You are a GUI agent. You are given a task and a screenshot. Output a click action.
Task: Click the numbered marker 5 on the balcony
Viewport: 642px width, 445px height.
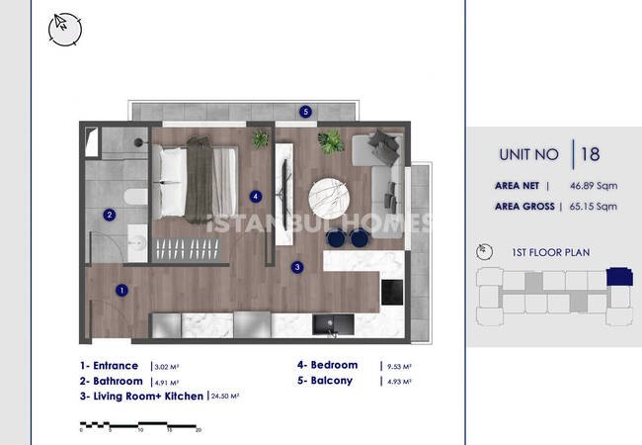(305, 112)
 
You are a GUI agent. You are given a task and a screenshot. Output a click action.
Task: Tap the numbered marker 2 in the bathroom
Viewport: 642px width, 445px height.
(109, 215)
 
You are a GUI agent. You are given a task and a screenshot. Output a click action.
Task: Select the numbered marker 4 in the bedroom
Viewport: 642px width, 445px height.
(256, 196)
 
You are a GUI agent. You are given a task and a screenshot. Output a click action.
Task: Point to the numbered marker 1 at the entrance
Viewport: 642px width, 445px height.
(121, 290)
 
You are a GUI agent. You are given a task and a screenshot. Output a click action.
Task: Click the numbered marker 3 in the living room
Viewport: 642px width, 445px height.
(297, 267)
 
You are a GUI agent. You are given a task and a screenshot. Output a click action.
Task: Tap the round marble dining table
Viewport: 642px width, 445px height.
(329, 199)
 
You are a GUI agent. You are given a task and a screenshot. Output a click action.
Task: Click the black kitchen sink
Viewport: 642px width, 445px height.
(333, 324)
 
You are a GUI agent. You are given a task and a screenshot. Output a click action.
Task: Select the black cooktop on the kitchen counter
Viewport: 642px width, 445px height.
(392, 292)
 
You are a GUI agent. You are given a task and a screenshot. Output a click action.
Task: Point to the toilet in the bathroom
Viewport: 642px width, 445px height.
(135, 197)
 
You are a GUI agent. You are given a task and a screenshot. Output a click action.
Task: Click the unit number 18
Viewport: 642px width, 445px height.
(591, 154)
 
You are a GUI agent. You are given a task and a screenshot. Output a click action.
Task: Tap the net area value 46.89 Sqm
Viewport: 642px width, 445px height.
(594, 186)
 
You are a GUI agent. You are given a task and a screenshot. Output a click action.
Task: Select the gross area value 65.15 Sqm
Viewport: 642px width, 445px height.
(594, 206)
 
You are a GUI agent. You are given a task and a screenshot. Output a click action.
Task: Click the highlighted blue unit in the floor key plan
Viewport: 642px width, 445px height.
(619, 277)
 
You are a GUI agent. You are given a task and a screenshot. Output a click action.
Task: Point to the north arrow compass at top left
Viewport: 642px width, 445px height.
(64, 29)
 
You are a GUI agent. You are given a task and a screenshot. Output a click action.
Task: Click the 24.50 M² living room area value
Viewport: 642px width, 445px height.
(225, 397)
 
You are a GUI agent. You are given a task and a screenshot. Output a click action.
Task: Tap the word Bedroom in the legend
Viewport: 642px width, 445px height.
(334, 365)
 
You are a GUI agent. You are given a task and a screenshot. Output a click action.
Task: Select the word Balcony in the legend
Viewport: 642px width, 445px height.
(332, 381)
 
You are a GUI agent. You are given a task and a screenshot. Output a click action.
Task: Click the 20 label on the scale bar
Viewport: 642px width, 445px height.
(199, 430)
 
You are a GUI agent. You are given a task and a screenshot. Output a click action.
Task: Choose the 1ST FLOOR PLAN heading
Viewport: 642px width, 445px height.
(551, 252)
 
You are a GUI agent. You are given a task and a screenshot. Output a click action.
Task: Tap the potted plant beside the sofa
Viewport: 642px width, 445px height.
(331, 141)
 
